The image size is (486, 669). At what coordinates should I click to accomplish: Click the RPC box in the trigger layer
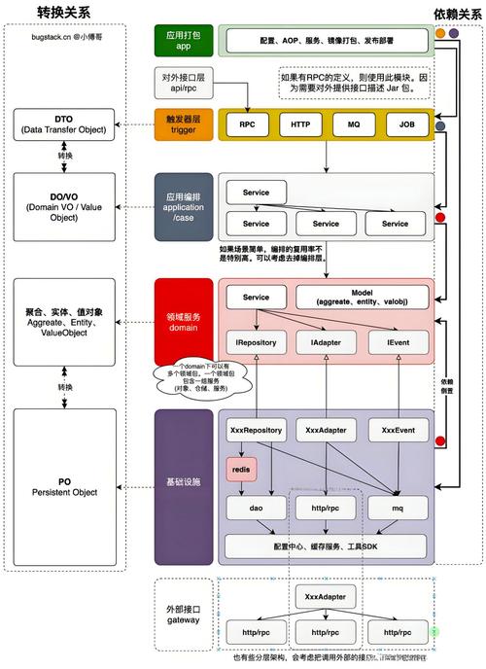click(248, 124)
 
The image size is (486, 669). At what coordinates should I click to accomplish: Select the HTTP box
click(299, 124)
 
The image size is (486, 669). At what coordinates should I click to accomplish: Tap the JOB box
click(405, 124)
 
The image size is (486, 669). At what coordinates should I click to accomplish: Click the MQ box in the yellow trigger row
click(352, 124)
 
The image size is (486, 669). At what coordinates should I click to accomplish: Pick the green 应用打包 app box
click(183, 40)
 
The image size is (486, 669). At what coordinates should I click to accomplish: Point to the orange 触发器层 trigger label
click(183, 123)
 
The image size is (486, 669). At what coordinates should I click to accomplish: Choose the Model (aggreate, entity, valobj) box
click(363, 298)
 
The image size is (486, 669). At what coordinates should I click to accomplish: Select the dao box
click(256, 507)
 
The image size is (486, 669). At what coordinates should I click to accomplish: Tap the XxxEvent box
click(397, 429)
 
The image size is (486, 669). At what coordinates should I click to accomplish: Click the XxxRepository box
click(256, 429)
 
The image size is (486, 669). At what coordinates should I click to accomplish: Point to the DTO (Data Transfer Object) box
click(64, 124)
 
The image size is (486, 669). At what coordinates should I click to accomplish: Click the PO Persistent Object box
click(64, 486)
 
